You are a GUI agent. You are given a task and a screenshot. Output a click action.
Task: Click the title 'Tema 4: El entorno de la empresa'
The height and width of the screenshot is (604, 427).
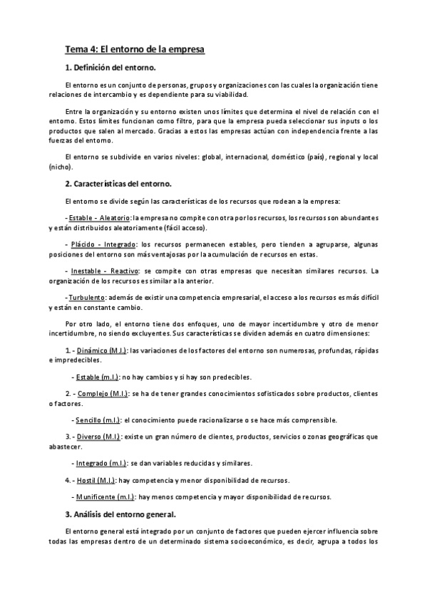(x=135, y=50)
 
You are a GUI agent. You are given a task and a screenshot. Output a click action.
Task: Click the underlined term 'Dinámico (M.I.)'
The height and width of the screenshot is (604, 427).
(x=103, y=350)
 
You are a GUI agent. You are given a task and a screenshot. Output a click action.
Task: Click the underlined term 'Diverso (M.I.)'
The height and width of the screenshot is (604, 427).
(x=99, y=436)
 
